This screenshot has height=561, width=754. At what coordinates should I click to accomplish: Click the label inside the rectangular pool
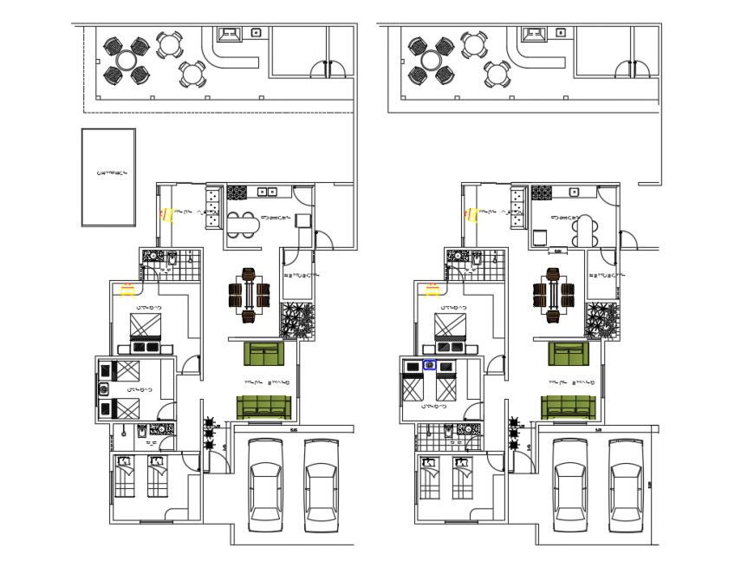tap(112, 173)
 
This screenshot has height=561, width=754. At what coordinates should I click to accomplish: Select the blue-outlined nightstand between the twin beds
tap(429, 366)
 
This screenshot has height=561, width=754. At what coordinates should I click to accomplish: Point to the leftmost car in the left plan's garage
tap(266, 483)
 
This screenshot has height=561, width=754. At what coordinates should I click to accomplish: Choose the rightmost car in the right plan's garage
tap(625, 483)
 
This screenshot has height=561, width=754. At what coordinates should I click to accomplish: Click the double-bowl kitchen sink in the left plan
tap(267, 191)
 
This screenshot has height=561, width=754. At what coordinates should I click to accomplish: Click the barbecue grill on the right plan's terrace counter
tap(533, 35)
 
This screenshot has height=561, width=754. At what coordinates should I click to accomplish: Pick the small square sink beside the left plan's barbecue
tap(256, 32)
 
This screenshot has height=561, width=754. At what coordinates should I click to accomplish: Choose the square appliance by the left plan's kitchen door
tap(302, 219)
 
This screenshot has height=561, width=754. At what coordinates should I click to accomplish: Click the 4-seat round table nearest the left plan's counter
tap(192, 74)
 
